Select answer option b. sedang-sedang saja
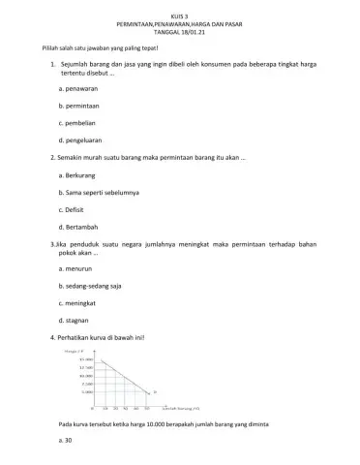tap(92, 302)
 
